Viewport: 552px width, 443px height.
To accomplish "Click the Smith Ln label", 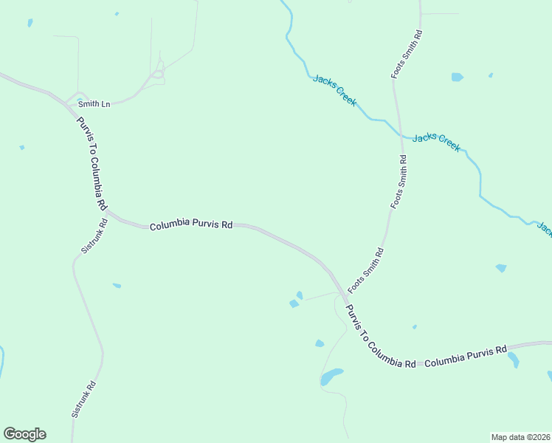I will (x=95, y=105).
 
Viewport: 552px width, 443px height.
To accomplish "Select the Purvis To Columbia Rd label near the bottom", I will (x=381, y=337).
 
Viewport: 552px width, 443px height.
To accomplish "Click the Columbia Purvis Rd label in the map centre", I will (x=191, y=223).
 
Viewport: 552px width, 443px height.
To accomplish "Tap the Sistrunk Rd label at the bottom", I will (x=83, y=399).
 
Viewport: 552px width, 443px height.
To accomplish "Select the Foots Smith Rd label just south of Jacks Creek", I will (x=399, y=182).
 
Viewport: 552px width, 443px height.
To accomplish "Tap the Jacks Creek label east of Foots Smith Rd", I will (x=437, y=142).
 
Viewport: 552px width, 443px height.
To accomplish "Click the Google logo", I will (x=24, y=434).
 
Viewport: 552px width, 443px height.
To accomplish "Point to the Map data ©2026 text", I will (x=520, y=436).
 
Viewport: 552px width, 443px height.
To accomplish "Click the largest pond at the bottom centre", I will (x=331, y=377).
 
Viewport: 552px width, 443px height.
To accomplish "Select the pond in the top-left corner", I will (x=30, y=23).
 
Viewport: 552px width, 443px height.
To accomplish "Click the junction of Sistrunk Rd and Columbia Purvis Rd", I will (x=107, y=213).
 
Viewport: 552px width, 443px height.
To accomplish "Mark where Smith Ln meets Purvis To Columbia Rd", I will (x=71, y=106).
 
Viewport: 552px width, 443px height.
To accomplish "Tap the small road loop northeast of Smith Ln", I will (x=156, y=74).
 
